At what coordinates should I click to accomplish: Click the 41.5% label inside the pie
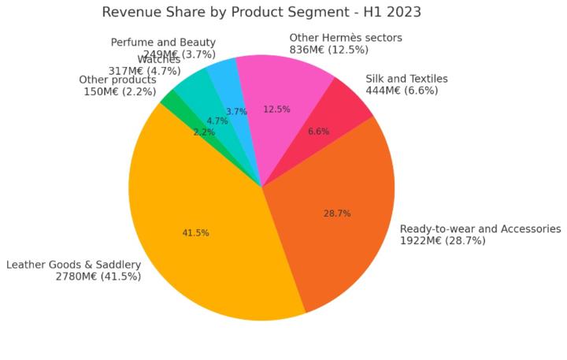tap(195, 233)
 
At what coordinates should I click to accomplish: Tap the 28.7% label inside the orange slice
tap(337, 213)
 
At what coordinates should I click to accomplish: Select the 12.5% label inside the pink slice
tap(276, 109)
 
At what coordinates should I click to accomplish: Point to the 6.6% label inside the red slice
tap(318, 132)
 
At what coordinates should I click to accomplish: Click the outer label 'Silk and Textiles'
tap(406, 79)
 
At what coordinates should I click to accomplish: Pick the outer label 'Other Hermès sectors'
tap(346, 38)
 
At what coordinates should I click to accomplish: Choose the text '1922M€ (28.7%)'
tap(443, 241)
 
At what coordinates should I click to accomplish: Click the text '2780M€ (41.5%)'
tap(98, 276)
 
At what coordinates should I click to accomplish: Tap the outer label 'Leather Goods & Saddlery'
tap(73, 265)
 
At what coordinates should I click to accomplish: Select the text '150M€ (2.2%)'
tap(120, 91)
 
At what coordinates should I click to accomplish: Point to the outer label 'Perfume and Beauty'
tap(163, 43)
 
